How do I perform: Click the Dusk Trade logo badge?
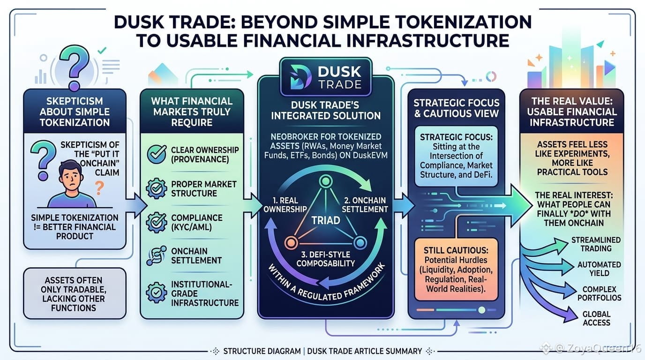326,77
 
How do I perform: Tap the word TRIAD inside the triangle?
326,220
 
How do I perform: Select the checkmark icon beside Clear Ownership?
157,154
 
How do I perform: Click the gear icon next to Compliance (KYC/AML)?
157,222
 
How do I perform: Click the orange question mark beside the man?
99,188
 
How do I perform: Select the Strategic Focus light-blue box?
456,156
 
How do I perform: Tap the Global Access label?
596,318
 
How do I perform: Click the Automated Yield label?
599,269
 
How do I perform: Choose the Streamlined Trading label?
596,244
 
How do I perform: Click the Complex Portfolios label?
599,293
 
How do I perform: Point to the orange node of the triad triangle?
291,243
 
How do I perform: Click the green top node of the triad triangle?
326,181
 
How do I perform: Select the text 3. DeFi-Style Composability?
326,259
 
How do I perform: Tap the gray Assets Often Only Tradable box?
75,293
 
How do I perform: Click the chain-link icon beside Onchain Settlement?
157,256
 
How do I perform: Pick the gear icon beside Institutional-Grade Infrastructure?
157,292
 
